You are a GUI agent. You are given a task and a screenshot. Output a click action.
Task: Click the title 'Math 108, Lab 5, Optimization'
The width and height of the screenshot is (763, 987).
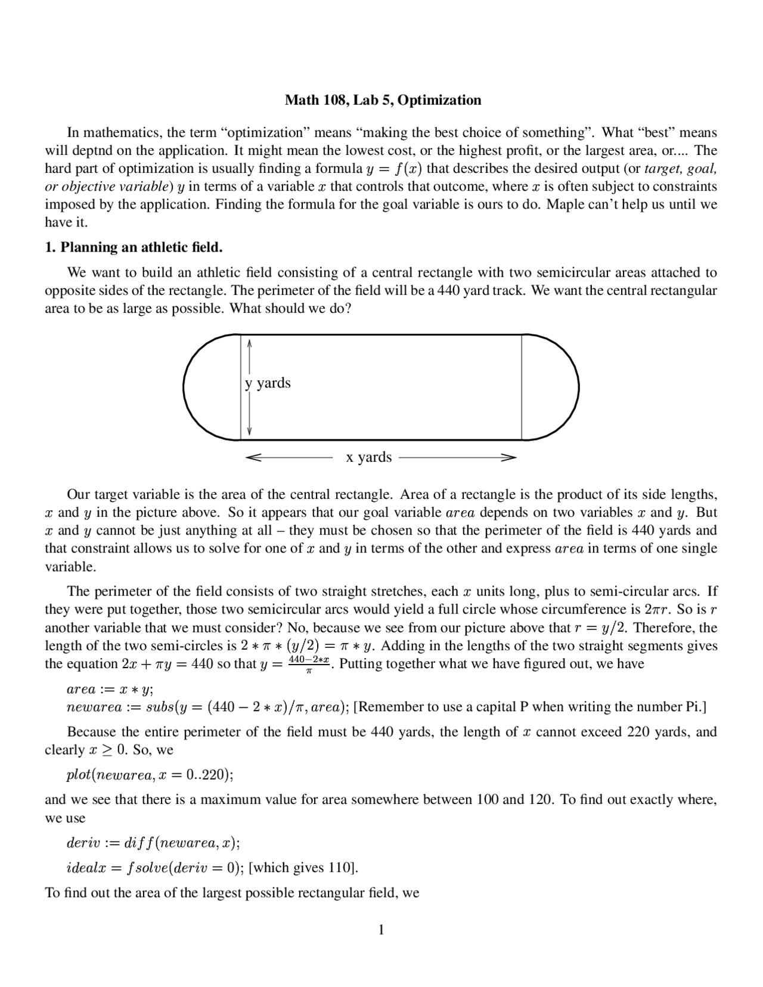click(383, 100)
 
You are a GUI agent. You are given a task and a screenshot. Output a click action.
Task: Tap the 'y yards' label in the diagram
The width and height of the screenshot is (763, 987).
click(268, 383)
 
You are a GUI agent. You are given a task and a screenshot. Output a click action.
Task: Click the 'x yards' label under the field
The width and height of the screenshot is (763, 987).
click(369, 457)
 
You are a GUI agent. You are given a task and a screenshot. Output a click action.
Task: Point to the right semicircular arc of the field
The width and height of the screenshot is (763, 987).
click(577, 387)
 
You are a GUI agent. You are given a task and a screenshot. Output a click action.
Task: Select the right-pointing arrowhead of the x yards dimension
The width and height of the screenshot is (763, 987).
click(508, 458)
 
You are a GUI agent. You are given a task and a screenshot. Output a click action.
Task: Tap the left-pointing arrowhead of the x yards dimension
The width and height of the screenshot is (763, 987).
click(253, 458)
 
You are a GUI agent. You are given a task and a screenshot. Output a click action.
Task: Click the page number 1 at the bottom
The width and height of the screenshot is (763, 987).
click(381, 930)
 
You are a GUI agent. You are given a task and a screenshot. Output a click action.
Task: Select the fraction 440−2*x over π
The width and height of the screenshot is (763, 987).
click(309, 663)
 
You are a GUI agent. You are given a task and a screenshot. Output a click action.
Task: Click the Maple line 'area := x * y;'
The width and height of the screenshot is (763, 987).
click(110, 690)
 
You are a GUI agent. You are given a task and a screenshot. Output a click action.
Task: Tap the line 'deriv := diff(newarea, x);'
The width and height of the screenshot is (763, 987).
click(153, 843)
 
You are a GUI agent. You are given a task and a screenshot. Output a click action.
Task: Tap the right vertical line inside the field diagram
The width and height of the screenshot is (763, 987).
click(522, 387)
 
